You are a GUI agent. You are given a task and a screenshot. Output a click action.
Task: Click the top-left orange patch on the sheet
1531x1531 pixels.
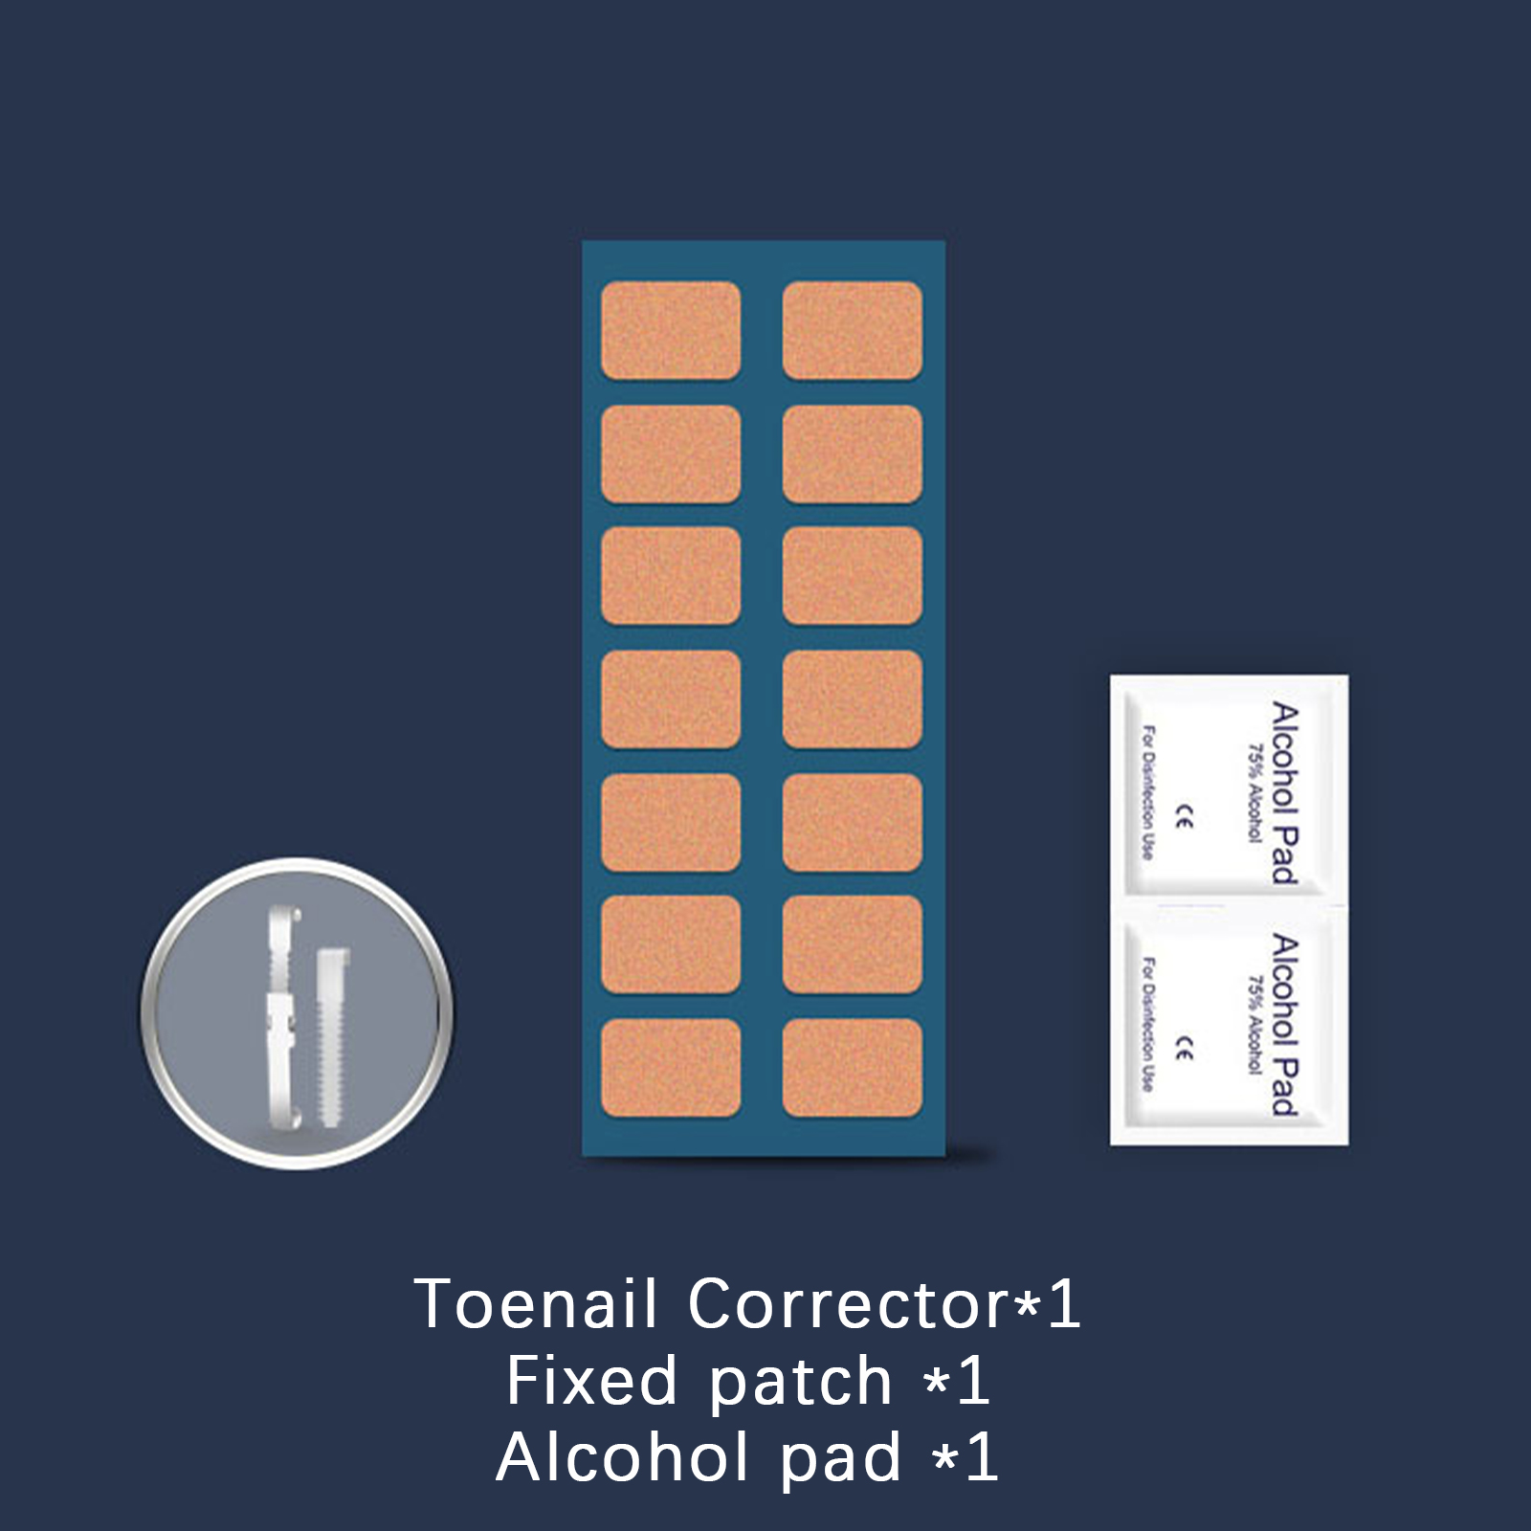point(670,330)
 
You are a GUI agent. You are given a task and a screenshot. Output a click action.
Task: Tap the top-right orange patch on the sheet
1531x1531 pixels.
point(852,330)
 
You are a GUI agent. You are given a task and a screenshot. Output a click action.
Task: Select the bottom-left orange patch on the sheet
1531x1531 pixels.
point(670,1068)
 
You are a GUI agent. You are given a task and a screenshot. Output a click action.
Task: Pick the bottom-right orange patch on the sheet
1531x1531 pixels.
point(852,1068)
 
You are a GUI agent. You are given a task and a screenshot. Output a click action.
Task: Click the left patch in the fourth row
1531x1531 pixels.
point(670,699)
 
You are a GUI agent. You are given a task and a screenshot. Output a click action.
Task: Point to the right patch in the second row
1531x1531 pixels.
point(852,454)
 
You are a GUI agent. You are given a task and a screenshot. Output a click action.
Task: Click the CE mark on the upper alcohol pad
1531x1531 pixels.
point(1185,819)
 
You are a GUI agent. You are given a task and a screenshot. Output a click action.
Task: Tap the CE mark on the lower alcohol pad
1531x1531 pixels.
point(1185,1050)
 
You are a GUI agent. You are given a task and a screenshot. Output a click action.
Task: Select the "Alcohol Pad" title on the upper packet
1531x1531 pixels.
point(1284,793)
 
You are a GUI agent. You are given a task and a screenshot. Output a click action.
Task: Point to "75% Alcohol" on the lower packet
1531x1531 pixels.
point(1254,1024)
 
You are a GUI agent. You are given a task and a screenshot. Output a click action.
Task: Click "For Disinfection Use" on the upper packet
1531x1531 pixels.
point(1148,793)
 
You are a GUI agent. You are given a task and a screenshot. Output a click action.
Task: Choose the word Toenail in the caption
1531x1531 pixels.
point(536,1304)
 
